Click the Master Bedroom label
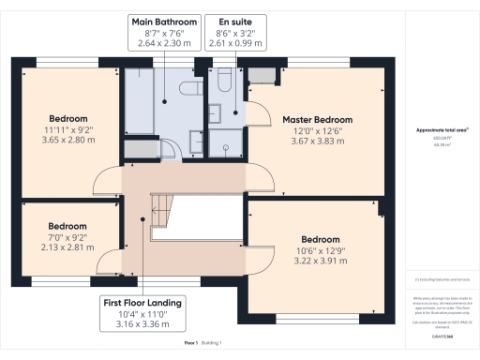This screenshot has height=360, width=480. pos(317,120)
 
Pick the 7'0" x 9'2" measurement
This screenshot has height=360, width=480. pos(67,238)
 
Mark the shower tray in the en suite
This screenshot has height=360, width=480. pos(225,142)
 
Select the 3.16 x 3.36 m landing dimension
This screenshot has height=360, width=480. pos(142,323)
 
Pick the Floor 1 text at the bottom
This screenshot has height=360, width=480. pos(190,344)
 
